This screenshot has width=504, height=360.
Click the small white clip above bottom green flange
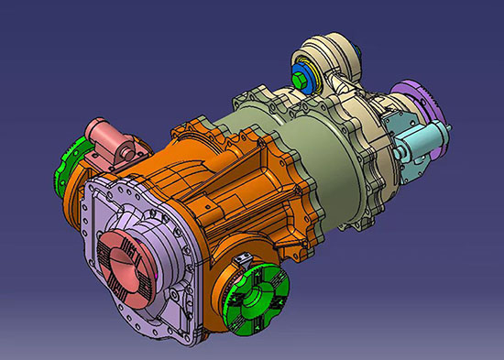tap(243, 264)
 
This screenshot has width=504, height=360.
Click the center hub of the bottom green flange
tap(257, 298)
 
